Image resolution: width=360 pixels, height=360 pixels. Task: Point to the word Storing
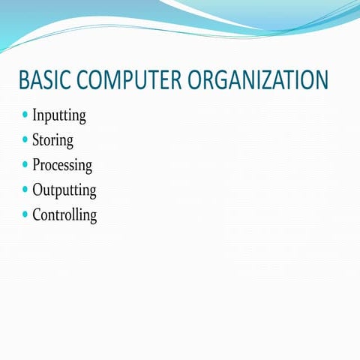(x=52, y=140)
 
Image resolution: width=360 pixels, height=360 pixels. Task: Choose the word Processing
(x=62, y=165)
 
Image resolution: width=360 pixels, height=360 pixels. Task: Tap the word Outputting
(x=64, y=190)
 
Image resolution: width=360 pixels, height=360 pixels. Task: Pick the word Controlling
(x=64, y=214)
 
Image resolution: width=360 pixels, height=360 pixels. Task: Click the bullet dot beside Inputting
(x=25, y=115)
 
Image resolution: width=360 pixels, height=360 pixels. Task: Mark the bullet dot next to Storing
(x=25, y=139)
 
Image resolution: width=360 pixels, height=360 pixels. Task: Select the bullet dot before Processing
(x=25, y=164)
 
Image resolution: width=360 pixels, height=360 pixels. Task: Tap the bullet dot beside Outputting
(x=25, y=189)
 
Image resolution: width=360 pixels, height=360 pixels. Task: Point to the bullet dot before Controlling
(x=25, y=214)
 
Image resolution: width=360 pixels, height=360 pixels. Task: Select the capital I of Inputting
(x=34, y=115)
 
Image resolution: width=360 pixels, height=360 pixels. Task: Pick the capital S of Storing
(x=36, y=140)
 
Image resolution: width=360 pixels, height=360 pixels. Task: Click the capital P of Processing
(x=37, y=164)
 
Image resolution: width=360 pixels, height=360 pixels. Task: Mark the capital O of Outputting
(x=38, y=189)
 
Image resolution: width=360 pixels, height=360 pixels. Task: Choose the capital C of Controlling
(x=37, y=214)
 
